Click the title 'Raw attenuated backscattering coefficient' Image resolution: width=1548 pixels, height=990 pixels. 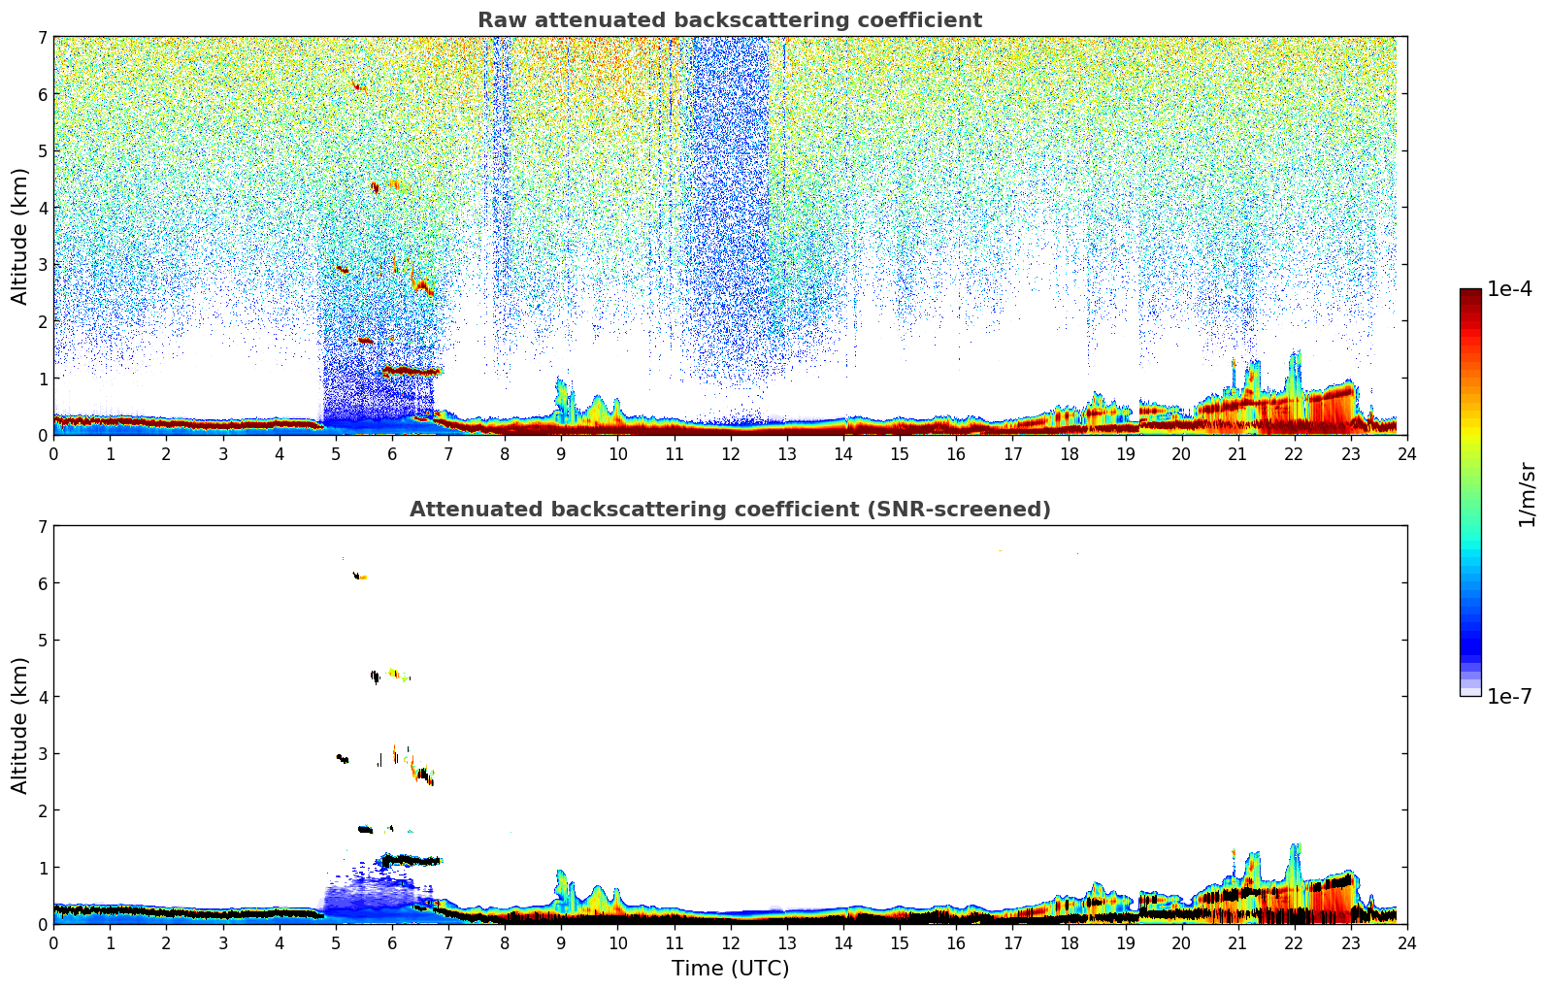729,20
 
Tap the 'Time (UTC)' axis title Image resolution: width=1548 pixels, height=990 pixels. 730,968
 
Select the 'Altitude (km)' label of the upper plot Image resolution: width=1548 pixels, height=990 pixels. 19,236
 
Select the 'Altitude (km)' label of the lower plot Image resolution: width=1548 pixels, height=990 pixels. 19,725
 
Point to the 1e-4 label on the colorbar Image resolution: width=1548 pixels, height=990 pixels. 1509,289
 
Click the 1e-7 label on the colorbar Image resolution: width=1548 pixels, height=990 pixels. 1509,696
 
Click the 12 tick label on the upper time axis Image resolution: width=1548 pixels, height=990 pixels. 730,453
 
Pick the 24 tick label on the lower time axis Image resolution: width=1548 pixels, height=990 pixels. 1406,942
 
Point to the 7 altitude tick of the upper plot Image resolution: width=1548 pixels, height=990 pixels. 42,37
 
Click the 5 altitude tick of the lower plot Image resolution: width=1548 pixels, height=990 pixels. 42,640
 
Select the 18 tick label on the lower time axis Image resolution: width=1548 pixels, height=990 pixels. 1069,942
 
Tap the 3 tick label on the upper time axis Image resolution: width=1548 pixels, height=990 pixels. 223,453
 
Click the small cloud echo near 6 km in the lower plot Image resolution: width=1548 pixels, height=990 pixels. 359,577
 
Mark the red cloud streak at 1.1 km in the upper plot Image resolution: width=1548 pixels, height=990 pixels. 412,371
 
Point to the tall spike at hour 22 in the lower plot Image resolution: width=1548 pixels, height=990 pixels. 1294,854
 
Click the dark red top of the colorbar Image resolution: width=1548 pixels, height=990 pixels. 1470,293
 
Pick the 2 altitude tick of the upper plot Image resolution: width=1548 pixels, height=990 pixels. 42,321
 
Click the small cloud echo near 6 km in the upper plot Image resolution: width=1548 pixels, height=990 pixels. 359,87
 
